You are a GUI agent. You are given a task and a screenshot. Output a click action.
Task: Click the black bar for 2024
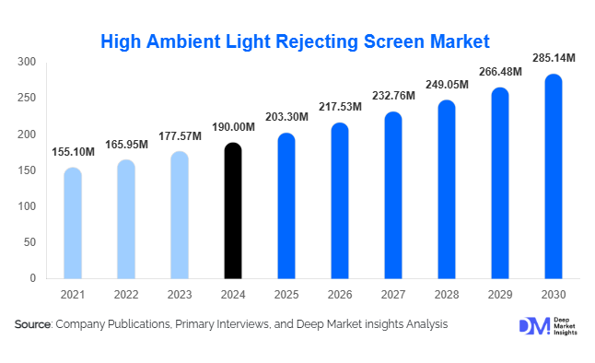[x=233, y=211]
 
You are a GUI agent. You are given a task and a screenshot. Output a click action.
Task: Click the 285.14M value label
[x=554, y=58]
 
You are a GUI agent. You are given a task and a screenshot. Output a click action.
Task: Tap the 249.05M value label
[x=447, y=85]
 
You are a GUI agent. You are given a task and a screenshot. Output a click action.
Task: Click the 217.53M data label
[x=340, y=108]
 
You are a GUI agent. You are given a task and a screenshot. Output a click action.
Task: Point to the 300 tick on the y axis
[x=27, y=63]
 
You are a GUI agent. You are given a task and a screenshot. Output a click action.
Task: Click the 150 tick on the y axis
[x=27, y=170]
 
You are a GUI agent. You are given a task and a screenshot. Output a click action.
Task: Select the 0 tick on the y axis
[x=32, y=278]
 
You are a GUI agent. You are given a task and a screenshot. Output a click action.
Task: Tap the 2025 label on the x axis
[x=286, y=295]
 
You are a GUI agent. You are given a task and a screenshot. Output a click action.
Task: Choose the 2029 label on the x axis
[x=500, y=295]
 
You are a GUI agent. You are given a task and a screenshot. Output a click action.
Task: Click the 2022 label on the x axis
[x=126, y=295]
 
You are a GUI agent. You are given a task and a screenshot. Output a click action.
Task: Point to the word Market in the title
[x=457, y=41]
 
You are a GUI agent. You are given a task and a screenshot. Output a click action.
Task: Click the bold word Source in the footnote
[x=32, y=324]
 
